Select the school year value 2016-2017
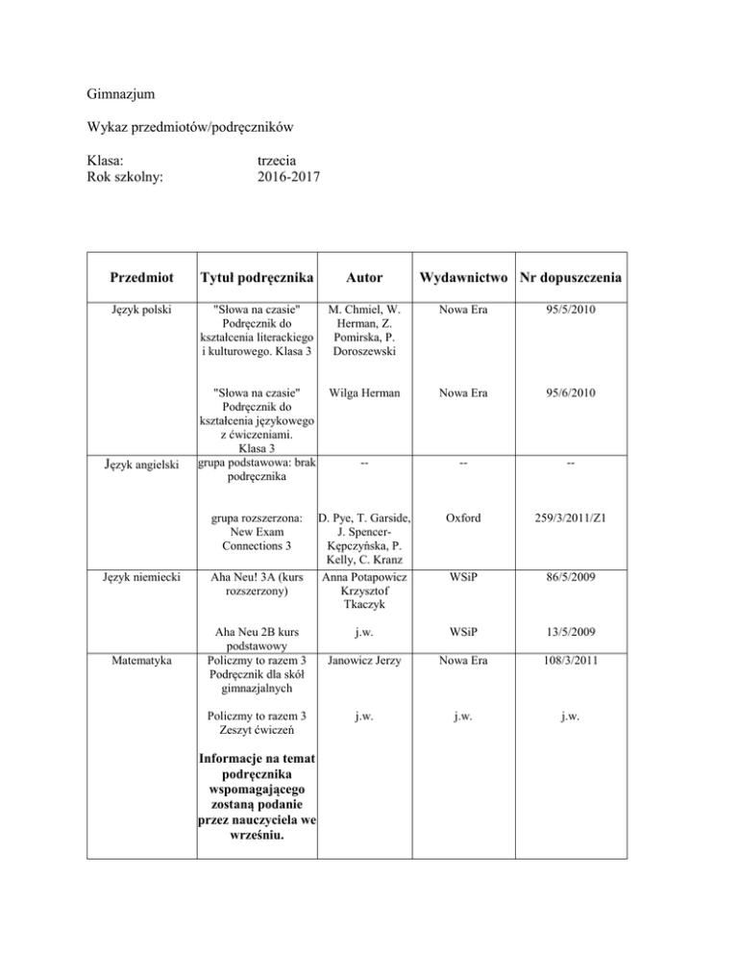(290, 176)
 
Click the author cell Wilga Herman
(363, 392)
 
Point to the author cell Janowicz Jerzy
(363, 663)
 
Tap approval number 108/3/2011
(572, 663)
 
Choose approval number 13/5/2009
(572, 634)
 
